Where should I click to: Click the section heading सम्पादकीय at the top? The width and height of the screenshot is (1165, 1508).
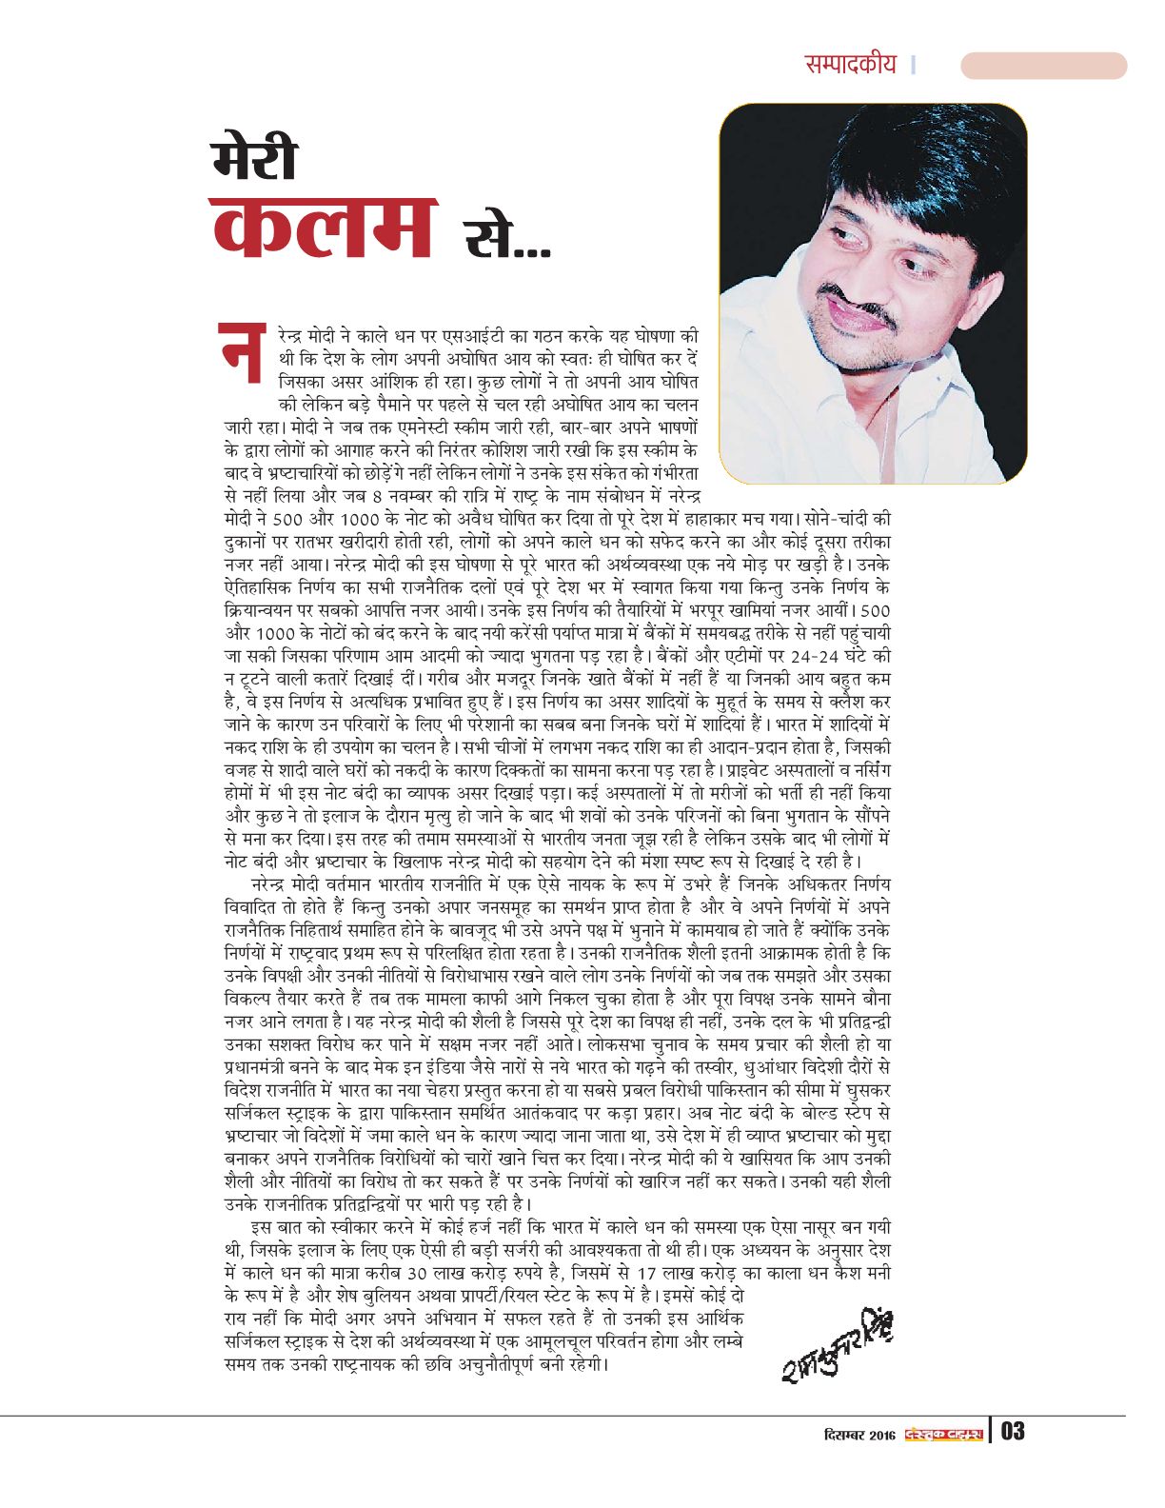850,65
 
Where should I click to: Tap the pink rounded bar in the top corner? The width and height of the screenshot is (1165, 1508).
1043,66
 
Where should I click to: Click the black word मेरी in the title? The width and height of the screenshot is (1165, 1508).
255,160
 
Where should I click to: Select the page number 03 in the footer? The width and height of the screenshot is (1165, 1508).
1012,1432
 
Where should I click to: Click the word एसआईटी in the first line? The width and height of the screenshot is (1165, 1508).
457,336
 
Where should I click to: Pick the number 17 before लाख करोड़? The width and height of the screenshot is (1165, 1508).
649,1273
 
